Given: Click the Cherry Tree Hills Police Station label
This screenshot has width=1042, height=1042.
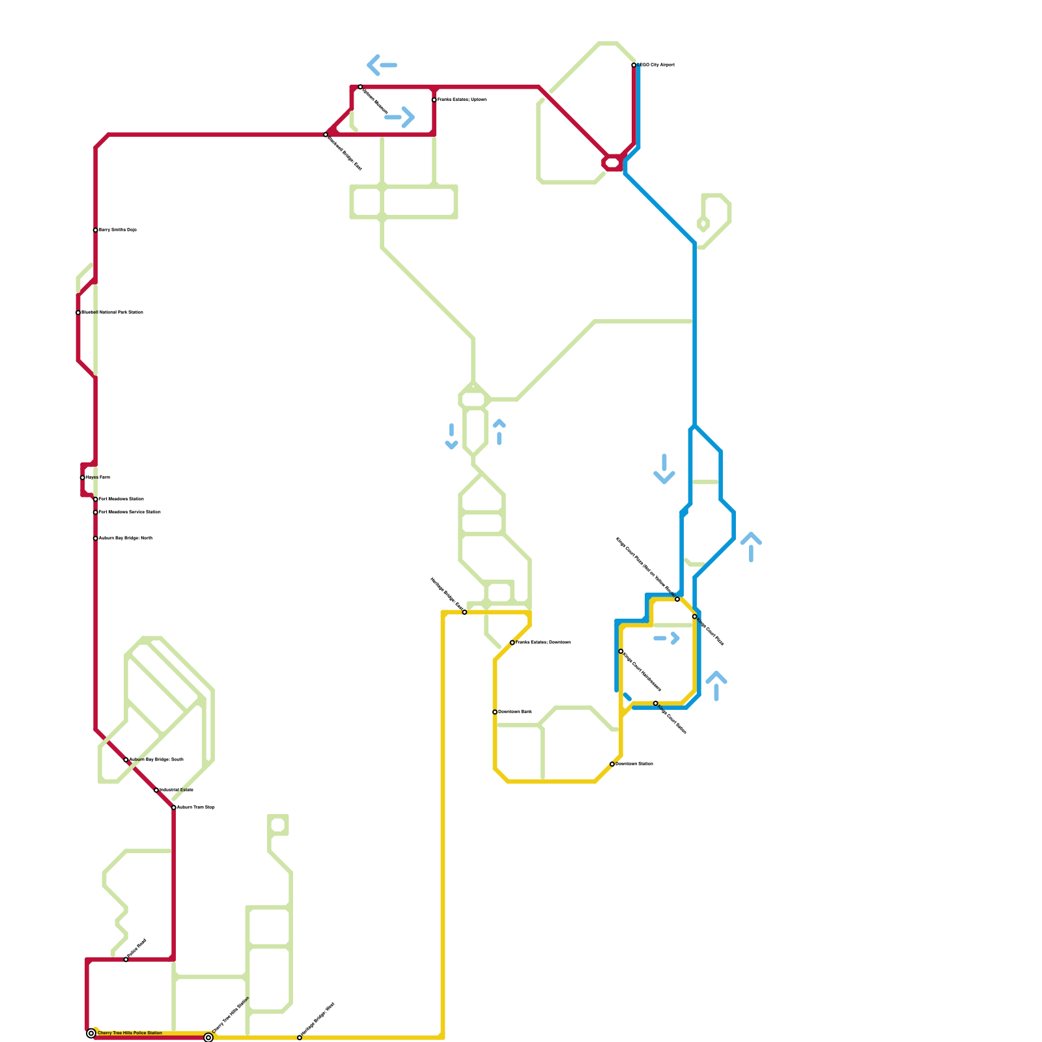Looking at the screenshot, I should pyautogui.click(x=130, y=1033).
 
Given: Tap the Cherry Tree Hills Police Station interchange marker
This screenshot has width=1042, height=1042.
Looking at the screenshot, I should pyautogui.click(x=91, y=1034).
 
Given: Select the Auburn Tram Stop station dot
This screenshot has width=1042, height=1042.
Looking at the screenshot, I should pyautogui.click(x=174, y=808).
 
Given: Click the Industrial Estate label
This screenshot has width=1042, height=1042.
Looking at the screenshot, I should pyautogui.click(x=176, y=790).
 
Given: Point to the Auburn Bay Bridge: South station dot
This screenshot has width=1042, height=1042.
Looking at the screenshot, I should pyautogui.click(x=126, y=760).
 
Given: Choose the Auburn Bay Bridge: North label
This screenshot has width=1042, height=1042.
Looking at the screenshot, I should pyautogui.click(x=125, y=539).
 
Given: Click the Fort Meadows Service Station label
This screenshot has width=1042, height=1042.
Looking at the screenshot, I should pyautogui.click(x=130, y=513).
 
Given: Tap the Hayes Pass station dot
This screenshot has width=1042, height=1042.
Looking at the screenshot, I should pyautogui.click(x=82, y=477).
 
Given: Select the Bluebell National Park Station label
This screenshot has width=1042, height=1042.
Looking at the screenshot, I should pyautogui.click(x=112, y=313).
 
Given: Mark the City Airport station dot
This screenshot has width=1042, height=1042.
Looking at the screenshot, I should pyautogui.click(x=634, y=65).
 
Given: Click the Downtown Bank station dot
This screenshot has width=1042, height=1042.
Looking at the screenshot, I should pyautogui.click(x=495, y=712).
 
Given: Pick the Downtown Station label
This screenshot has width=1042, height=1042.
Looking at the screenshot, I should pyautogui.click(x=634, y=764).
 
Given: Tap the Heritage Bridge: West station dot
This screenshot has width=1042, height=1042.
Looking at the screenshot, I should pyautogui.click(x=300, y=1037).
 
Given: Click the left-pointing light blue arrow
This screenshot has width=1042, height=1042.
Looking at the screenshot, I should pyautogui.click(x=382, y=65).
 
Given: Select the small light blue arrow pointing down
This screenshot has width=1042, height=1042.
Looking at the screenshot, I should pyautogui.click(x=451, y=436).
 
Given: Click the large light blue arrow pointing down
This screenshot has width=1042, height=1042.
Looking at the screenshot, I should pyautogui.click(x=664, y=469).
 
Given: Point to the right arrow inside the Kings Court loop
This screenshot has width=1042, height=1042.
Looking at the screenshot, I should pyautogui.click(x=667, y=638).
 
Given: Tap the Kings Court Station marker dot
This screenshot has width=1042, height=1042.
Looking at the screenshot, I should pyautogui.click(x=656, y=703).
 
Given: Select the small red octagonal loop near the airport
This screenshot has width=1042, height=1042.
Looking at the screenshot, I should pyautogui.click(x=613, y=163).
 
